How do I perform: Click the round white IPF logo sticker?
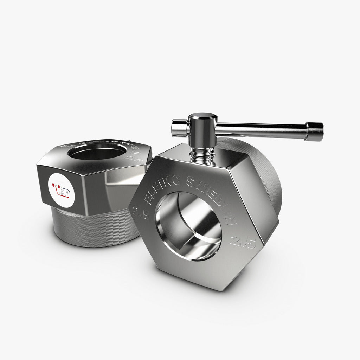[x=61, y=190]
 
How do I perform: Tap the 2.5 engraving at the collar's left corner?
[x=140, y=213]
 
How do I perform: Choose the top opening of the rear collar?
[x=97, y=152]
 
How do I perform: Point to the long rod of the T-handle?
[x=260, y=129]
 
